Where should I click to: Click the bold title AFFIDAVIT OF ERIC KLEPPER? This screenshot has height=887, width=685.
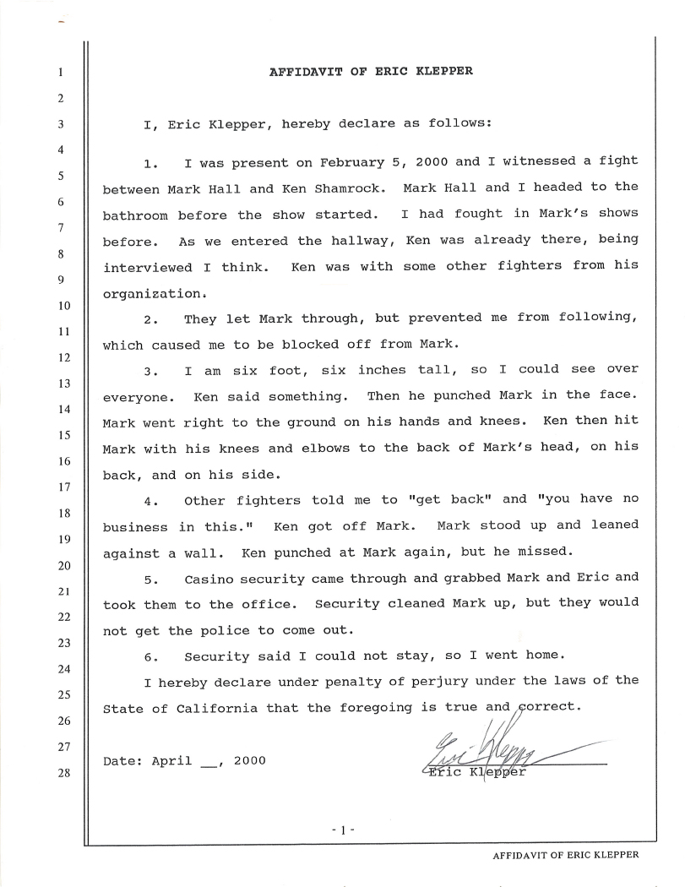(371, 71)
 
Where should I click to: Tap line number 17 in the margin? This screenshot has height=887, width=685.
(62, 487)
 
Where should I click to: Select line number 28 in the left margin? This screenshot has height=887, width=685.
(62, 772)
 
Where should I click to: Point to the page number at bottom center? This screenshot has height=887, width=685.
(343, 830)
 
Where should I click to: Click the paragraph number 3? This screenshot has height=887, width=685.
(151, 370)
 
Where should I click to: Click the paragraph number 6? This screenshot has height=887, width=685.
(151, 656)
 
